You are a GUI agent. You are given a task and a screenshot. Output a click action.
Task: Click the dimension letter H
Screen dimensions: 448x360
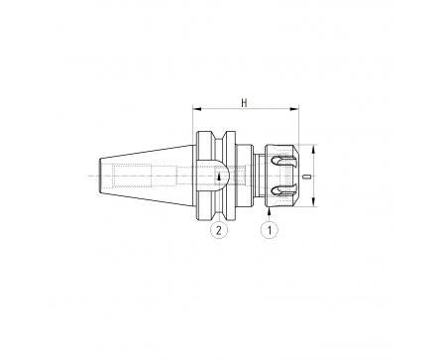coord(244,103)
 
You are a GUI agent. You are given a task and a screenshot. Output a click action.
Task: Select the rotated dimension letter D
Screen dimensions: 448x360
coord(308,177)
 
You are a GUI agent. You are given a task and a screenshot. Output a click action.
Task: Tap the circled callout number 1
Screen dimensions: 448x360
coord(270,230)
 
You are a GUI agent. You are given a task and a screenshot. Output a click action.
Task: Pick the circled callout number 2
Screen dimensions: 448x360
coord(219,230)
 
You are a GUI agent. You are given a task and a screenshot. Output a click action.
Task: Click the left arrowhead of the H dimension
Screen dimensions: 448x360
coord(197,108)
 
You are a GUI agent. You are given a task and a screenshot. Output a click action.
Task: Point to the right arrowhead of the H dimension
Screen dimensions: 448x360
coord(294,108)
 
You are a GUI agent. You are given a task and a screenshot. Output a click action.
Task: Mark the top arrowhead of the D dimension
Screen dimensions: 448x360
coord(314,149)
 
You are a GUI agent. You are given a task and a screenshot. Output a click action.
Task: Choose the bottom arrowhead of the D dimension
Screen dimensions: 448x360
coord(314,202)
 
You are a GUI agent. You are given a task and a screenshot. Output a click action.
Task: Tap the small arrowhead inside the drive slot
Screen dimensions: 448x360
coord(219,178)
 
